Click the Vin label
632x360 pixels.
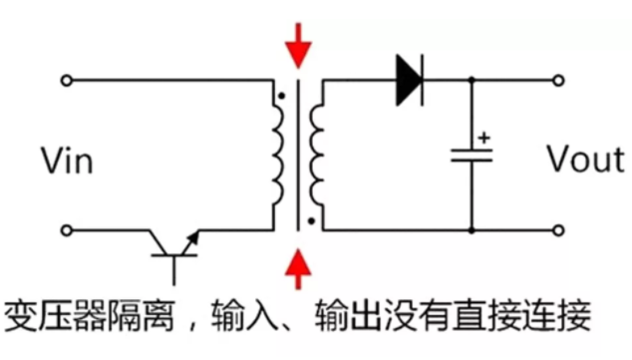67,160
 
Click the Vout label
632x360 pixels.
585,159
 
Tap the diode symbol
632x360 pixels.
409,79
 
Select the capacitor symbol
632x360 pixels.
471,155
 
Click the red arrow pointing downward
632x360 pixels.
297,46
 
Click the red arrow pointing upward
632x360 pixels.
297,268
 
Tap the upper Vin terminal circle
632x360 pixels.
67,79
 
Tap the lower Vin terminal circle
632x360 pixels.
67,230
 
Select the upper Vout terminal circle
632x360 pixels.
558,79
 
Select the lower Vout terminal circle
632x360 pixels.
558,230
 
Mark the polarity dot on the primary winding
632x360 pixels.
283,96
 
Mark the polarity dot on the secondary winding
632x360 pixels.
312,221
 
